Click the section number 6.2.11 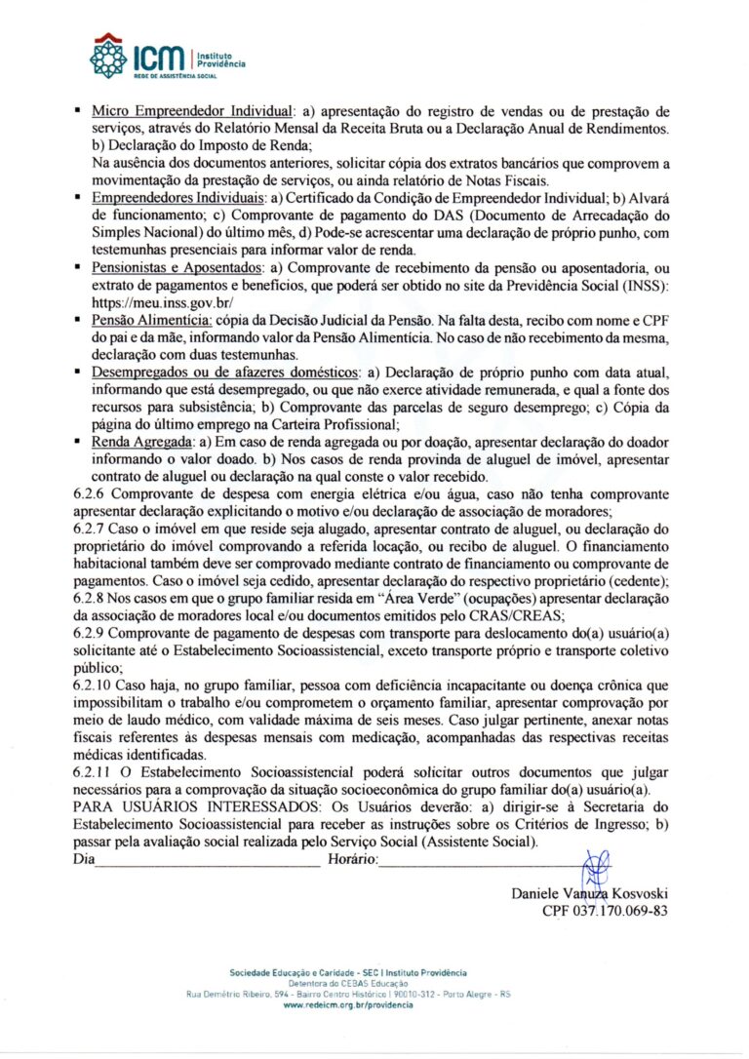click(x=96, y=772)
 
